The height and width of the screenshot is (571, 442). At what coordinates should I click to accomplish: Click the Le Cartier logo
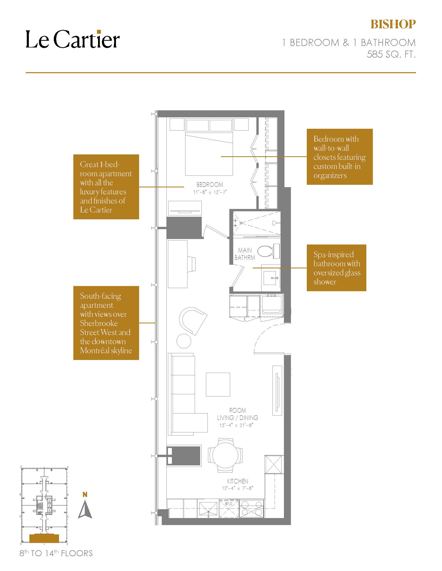coord(73,39)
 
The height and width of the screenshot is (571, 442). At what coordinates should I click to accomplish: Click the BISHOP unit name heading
coord(393,24)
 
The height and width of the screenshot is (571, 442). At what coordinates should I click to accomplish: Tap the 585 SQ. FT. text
coord(391,54)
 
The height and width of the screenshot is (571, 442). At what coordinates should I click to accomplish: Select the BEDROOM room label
coord(210,185)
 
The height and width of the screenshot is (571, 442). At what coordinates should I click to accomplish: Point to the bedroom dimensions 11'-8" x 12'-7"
coord(210,192)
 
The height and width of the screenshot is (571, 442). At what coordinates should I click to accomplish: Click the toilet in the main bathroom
coord(268,251)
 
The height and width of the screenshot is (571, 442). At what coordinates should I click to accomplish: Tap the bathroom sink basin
coord(271,278)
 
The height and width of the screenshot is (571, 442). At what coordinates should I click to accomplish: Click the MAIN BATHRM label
coord(245,254)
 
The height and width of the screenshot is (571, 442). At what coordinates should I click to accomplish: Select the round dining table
coord(225,455)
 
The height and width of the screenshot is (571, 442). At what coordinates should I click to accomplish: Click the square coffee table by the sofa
coord(218,384)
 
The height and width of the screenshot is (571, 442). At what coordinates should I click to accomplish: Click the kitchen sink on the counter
coord(209,509)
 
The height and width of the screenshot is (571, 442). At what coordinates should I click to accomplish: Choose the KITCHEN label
coord(238,481)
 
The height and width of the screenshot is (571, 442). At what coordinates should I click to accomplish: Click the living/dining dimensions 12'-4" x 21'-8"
coord(236,425)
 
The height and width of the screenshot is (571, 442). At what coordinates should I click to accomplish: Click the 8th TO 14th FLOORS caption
coord(56,553)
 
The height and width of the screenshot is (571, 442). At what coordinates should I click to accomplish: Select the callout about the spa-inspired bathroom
coord(336,268)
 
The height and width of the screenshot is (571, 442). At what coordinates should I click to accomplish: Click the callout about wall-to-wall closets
coord(340,157)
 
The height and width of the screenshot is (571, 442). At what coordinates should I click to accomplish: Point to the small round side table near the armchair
coord(184,341)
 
